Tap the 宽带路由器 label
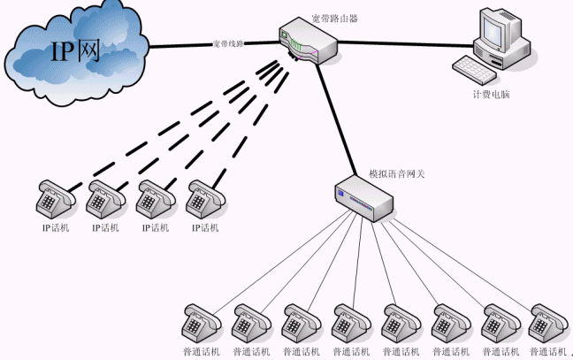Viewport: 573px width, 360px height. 334,18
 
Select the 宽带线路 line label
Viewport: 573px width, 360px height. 227,43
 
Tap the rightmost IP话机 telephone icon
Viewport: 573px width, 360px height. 206,199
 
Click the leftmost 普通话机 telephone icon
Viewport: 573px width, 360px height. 199,324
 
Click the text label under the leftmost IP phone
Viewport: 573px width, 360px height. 55,227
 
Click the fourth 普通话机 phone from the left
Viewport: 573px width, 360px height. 348,324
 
